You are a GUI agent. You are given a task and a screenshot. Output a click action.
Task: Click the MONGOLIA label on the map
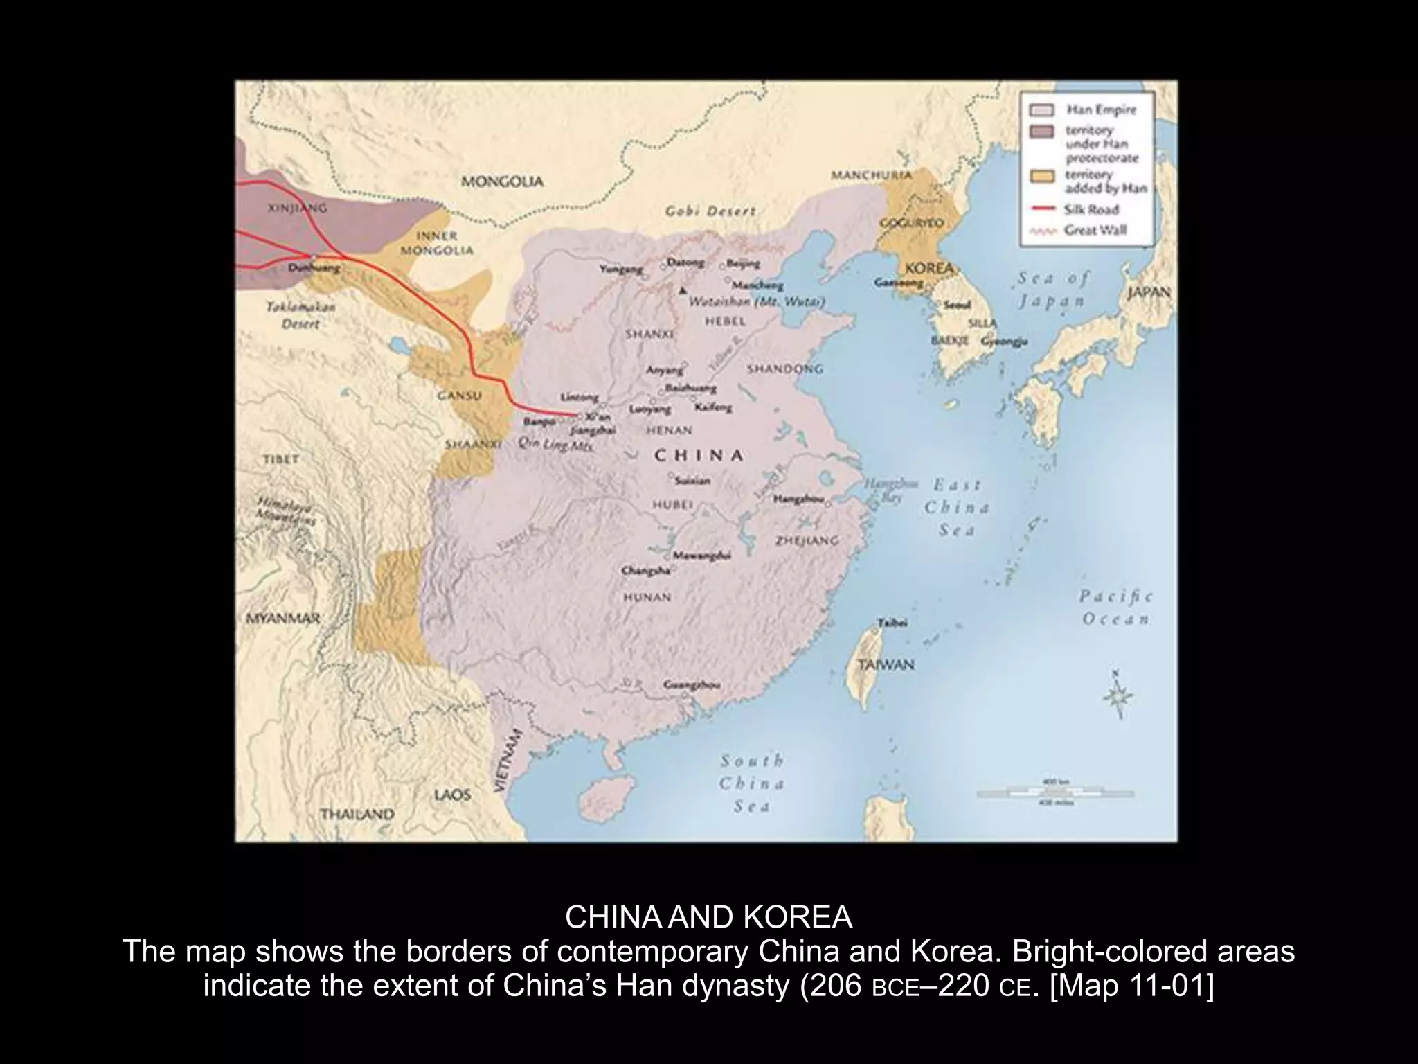coord(502,182)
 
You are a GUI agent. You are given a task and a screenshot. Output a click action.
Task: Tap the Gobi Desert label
coord(710,211)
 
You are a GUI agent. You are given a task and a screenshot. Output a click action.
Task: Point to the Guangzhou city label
coord(692,684)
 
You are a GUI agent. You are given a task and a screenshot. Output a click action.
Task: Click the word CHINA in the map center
coord(699,455)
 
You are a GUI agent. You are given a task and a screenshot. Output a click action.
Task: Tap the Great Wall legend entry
coord(1094,230)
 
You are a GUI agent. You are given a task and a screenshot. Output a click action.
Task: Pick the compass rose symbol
coord(1116,695)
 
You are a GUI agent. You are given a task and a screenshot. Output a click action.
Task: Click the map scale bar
coord(1055,792)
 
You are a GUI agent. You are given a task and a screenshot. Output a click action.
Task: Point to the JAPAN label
coord(1149,292)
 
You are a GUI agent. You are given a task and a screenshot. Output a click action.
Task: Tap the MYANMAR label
coord(283,619)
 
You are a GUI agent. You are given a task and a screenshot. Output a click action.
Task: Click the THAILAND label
coord(357,814)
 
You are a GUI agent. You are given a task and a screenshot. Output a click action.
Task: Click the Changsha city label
coord(646,571)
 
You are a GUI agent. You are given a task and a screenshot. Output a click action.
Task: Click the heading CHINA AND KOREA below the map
coord(708,918)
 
